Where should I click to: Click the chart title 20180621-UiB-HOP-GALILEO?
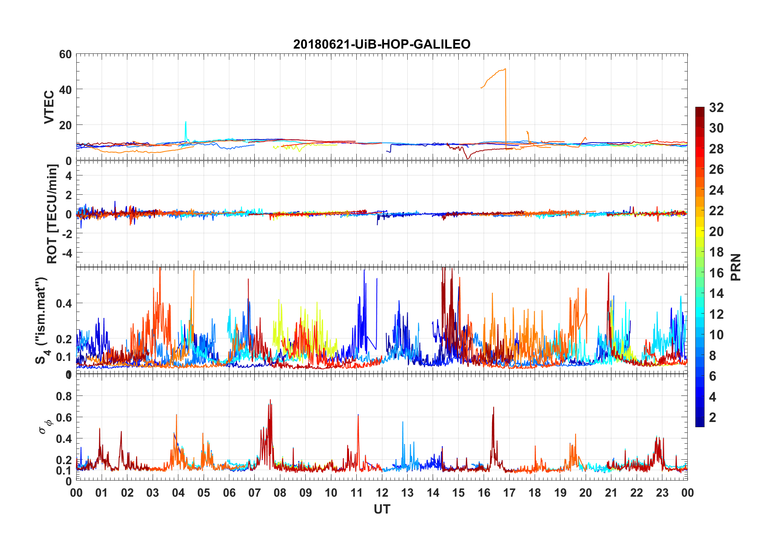pos(382,44)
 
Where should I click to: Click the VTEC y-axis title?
pos(49,107)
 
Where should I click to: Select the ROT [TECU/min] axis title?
pos(52,214)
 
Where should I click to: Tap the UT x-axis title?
pos(382,510)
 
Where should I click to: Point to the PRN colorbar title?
pos(736,267)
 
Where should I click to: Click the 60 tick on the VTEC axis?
pos(65,54)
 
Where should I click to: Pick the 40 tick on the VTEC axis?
pos(65,90)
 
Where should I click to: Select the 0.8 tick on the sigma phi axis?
pos(64,396)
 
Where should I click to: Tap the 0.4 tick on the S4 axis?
pos(64,303)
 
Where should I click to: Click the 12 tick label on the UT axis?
pos(382,493)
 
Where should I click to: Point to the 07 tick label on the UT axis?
pos(255,493)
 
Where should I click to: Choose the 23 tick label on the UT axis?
pos(662,493)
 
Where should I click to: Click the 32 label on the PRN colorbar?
pos(716,108)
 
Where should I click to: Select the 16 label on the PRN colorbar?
pos(716,273)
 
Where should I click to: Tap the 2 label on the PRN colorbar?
pos(713,418)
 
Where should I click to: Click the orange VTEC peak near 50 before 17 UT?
pos(505,69)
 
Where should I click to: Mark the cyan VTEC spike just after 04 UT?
pos(186,122)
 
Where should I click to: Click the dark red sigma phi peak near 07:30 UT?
pos(270,400)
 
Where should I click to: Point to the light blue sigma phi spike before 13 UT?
pos(403,422)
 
